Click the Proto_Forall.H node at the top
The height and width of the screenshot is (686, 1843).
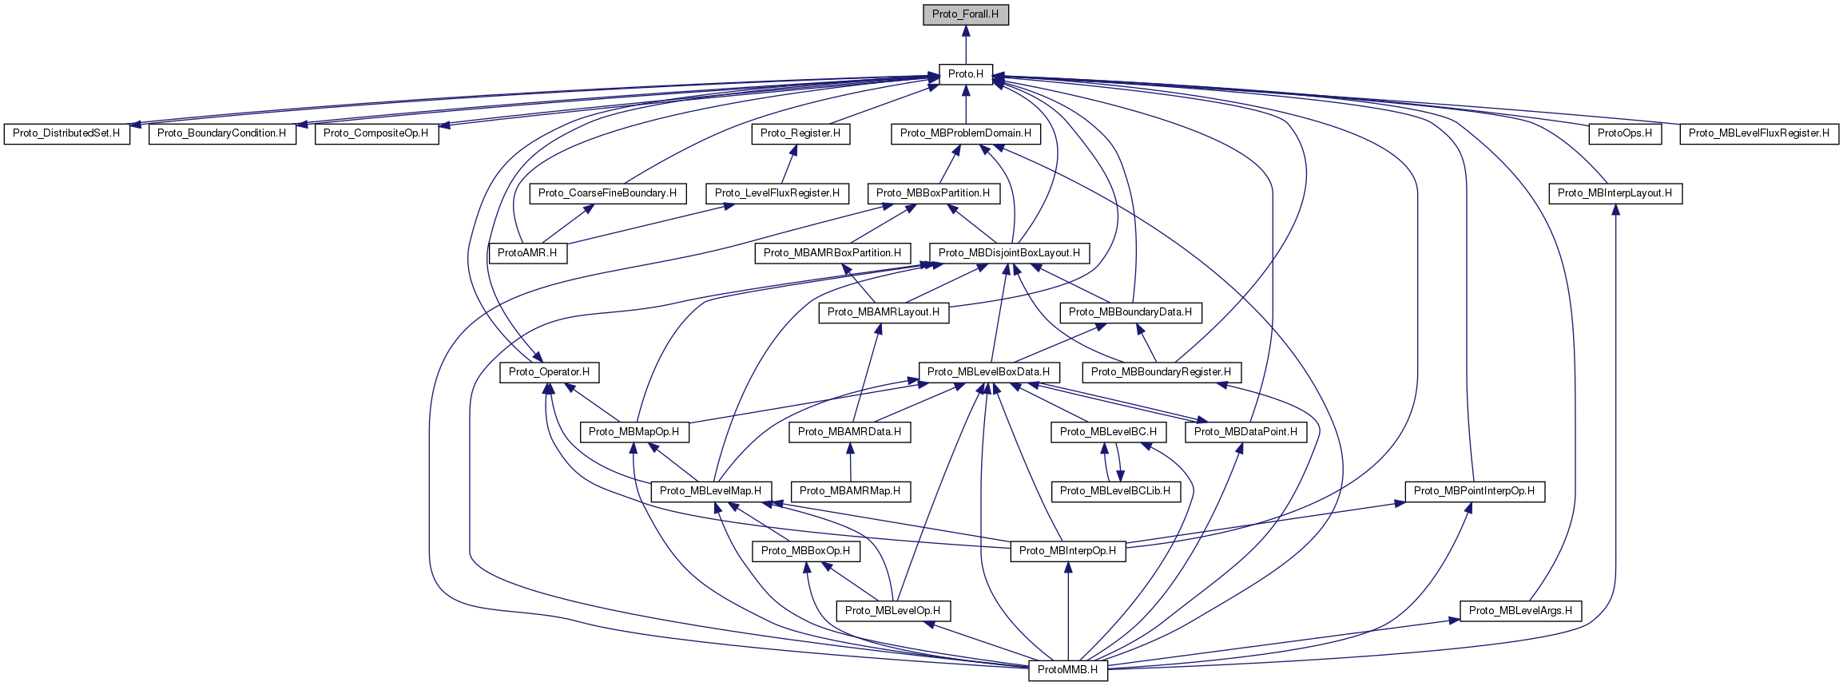click(965, 14)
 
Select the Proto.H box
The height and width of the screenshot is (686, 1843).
click(965, 74)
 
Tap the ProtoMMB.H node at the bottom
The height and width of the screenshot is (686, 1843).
click(1067, 670)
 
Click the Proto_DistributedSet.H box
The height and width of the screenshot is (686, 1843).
click(66, 133)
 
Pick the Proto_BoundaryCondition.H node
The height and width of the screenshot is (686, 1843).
click(221, 133)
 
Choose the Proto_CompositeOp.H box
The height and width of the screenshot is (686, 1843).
click(375, 133)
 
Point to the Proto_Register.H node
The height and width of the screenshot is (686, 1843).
click(800, 133)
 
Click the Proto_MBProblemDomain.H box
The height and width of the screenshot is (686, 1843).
click(965, 133)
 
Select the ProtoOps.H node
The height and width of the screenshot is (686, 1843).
click(1625, 133)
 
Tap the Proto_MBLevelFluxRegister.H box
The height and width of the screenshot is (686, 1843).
click(1759, 133)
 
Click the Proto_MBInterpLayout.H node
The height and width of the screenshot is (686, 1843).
click(1615, 193)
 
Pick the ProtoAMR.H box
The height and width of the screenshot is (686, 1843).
click(527, 253)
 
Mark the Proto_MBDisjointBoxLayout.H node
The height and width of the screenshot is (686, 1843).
click(1009, 253)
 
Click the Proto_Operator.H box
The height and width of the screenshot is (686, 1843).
click(549, 372)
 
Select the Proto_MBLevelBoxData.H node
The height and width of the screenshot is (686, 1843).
click(988, 372)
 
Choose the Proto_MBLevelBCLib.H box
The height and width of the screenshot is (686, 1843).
click(1114, 491)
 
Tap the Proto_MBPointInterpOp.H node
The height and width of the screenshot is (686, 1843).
click(1474, 491)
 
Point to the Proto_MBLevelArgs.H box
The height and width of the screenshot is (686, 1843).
click(1519, 611)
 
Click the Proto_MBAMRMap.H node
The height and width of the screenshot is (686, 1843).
click(850, 491)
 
